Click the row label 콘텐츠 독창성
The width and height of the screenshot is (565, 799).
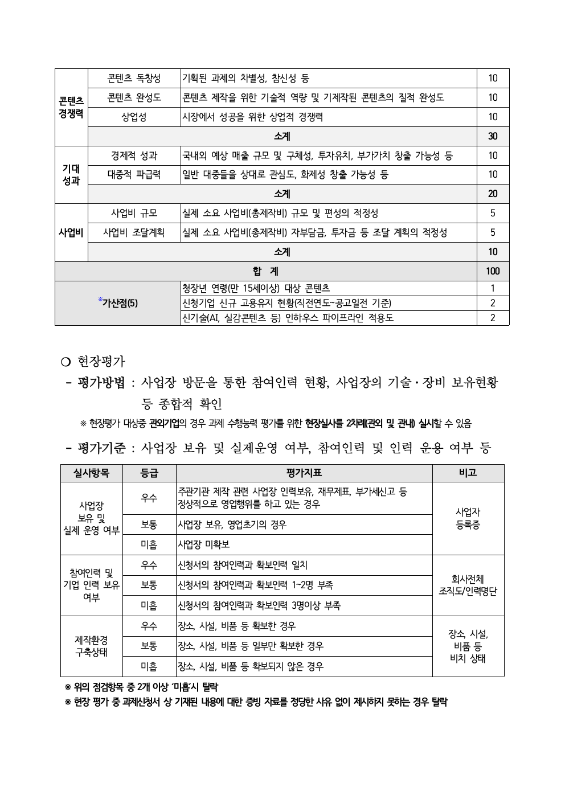134,79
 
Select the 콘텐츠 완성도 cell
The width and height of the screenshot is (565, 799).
134,98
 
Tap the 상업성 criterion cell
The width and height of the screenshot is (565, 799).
134,117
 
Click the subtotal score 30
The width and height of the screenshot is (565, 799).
493,137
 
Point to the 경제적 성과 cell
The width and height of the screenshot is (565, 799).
134,155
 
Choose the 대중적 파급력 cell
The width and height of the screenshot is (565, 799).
134,175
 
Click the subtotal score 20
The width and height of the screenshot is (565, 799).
493,194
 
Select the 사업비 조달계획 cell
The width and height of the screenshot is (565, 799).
134,232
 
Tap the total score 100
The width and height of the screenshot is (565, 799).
493,271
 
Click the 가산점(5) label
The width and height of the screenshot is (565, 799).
118,303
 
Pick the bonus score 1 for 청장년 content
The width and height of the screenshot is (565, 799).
493,288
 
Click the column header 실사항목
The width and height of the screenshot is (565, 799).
91,473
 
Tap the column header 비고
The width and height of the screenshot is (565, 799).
468,473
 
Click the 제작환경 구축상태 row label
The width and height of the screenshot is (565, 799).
91,646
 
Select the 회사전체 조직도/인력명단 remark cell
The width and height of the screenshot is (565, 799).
468,585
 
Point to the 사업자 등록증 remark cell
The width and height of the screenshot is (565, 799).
468,519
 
